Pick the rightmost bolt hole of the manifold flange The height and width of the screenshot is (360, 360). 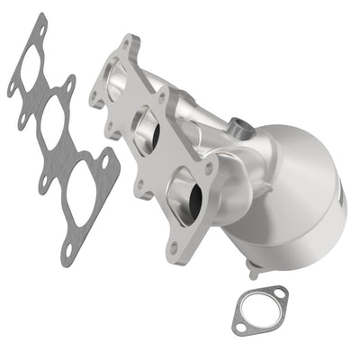[x=210, y=167]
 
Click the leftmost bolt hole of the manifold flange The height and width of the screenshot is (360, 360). [x=96, y=101]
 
